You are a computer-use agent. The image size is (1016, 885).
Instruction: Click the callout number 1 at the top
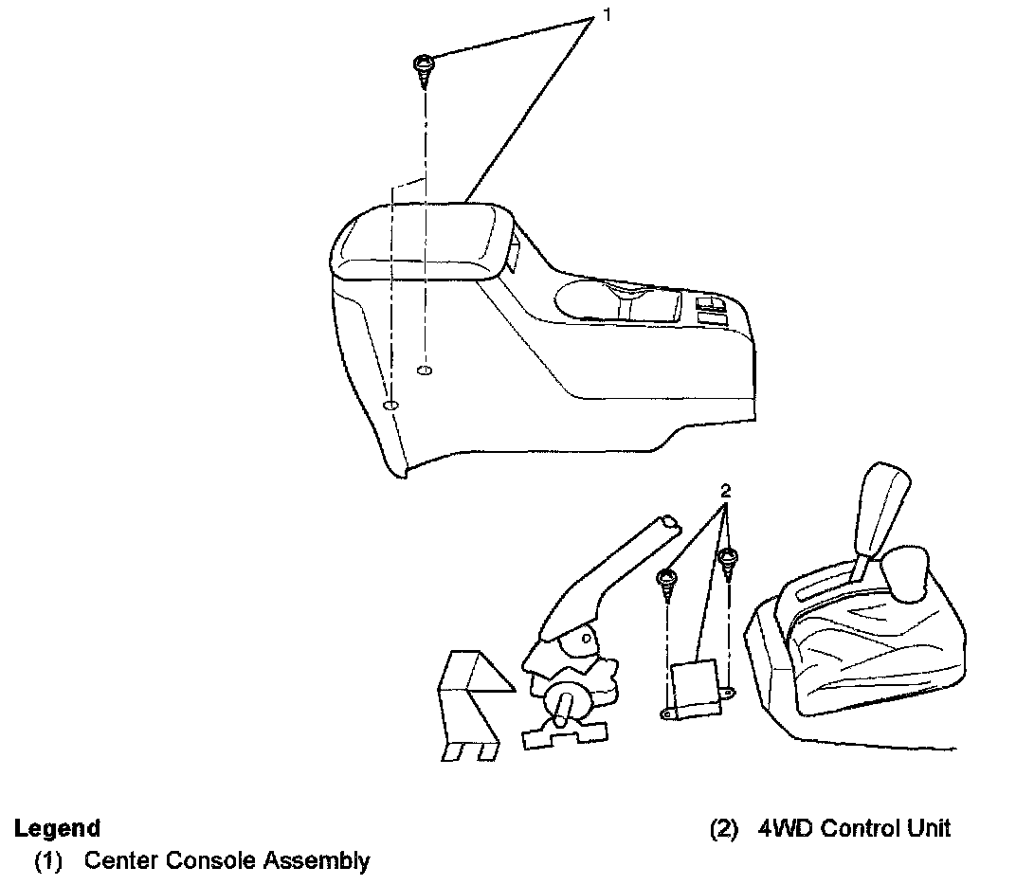pyautogui.click(x=596, y=17)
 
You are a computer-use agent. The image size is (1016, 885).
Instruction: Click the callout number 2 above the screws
pyautogui.click(x=726, y=492)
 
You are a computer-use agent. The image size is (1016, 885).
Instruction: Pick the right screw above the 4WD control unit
pyautogui.click(x=728, y=559)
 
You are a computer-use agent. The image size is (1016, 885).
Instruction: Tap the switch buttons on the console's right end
pyautogui.click(x=711, y=310)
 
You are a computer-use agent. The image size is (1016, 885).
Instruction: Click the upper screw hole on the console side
pyautogui.click(x=425, y=369)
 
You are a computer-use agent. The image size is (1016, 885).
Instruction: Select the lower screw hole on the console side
pyautogui.click(x=390, y=406)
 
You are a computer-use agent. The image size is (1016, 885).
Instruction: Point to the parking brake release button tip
pyautogui.click(x=669, y=520)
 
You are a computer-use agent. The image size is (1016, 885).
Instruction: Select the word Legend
pyautogui.click(x=57, y=828)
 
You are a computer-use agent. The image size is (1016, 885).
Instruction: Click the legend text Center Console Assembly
pyautogui.click(x=227, y=861)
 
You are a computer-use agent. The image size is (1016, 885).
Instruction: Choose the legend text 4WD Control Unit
pyautogui.click(x=854, y=828)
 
